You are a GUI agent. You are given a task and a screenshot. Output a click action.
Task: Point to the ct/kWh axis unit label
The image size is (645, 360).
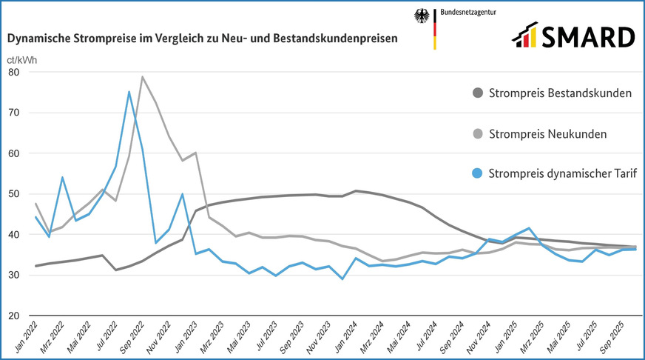(23, 60)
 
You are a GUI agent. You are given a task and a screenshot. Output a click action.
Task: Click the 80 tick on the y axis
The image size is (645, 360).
(13, 73)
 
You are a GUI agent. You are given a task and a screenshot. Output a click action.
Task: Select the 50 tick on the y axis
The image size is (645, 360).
(13, 194)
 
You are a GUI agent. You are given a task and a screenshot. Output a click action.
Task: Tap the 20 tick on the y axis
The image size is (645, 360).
(13, 316)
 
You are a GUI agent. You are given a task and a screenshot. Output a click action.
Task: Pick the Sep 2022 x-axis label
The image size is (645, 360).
(132, 337)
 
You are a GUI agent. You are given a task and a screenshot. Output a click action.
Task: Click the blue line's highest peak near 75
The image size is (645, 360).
(129, 92)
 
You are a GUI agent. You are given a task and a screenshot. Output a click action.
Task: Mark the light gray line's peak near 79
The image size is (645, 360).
(142, 77)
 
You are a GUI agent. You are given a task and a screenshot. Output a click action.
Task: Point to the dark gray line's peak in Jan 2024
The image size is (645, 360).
(356, 191)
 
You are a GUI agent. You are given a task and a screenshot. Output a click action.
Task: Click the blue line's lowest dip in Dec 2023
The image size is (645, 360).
(342, 279)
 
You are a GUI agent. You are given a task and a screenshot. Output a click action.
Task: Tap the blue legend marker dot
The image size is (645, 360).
(478, 174)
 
